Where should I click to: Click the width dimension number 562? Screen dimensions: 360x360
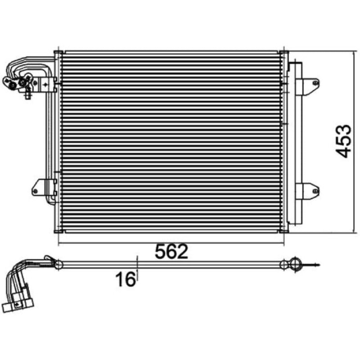pos(172,252)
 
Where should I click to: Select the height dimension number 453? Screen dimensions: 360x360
pos(343,141)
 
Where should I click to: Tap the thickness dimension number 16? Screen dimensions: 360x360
pos(126,279)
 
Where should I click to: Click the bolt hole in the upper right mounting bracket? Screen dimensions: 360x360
pos(316,83)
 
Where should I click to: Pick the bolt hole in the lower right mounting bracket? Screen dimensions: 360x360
pos(316,191)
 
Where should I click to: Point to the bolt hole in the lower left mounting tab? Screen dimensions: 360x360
pos(36,191)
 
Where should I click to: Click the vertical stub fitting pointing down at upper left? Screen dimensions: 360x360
pos(28,94)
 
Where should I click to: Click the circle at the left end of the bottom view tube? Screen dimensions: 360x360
pos(58,265)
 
